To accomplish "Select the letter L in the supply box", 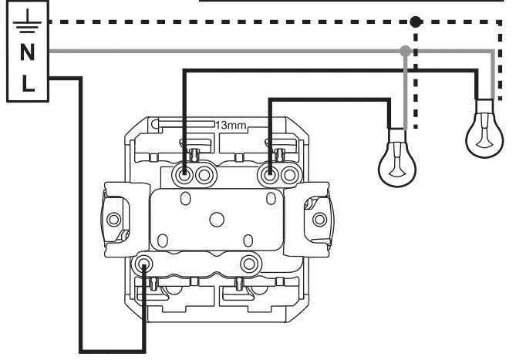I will tap(26, 82).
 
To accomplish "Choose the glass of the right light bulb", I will tap(484, 137).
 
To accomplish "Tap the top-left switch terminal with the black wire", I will tap(186, 173).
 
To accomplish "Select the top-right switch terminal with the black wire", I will tap(270, 173).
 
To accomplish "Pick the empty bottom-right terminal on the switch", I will tap(248, 264).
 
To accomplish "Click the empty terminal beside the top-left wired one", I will tap(204, 174).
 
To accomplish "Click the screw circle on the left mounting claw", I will tap(114, 219).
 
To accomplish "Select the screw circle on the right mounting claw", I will tap(318, 219).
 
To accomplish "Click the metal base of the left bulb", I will tap(396, 136).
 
